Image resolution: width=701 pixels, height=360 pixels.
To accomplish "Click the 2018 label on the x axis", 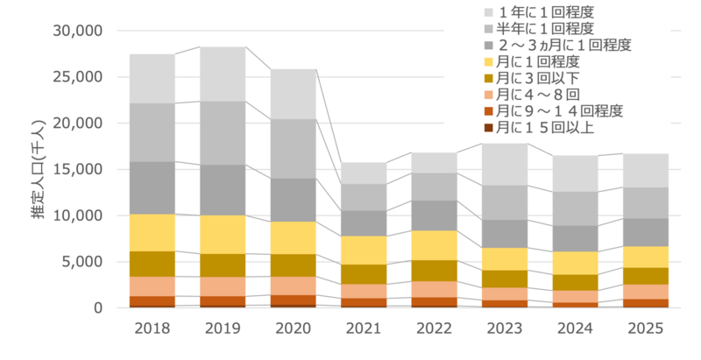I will tap(152, 329).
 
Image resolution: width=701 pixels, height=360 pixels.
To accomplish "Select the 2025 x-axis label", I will tap(646, 329).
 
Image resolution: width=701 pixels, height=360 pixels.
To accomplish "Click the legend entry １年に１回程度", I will tap(551, 12).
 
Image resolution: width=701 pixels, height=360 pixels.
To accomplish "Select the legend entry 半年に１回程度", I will tap(551, 28).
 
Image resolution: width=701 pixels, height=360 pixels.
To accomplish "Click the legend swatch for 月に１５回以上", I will tap(488, 127).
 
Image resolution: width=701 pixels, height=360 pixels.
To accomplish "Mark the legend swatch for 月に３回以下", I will tap(488, 78).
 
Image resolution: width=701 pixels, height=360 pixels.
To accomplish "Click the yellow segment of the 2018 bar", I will tap(152, 232).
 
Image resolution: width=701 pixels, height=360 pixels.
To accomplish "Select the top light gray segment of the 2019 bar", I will tap(223, 74).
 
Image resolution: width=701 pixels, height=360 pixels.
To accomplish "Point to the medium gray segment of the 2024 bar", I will tap(575, 208).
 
